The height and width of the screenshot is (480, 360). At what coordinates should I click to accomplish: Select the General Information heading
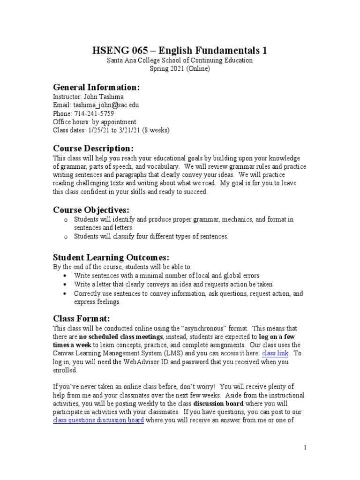coord(96,87)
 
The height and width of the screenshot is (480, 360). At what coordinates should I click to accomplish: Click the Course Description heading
coord(93,149)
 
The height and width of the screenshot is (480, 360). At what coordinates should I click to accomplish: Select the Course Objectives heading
coord(91,209)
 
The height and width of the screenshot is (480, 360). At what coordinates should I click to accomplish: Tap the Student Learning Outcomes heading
coord(111,257)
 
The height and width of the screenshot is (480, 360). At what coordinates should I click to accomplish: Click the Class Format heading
coord(81,318)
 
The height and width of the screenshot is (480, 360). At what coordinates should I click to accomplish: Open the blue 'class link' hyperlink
coord(275,353)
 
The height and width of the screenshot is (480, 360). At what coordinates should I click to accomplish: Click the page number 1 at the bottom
coord(305,448)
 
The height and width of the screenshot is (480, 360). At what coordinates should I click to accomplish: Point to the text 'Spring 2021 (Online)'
coord(180,68)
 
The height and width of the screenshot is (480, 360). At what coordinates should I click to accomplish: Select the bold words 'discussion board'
coord(218,404)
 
